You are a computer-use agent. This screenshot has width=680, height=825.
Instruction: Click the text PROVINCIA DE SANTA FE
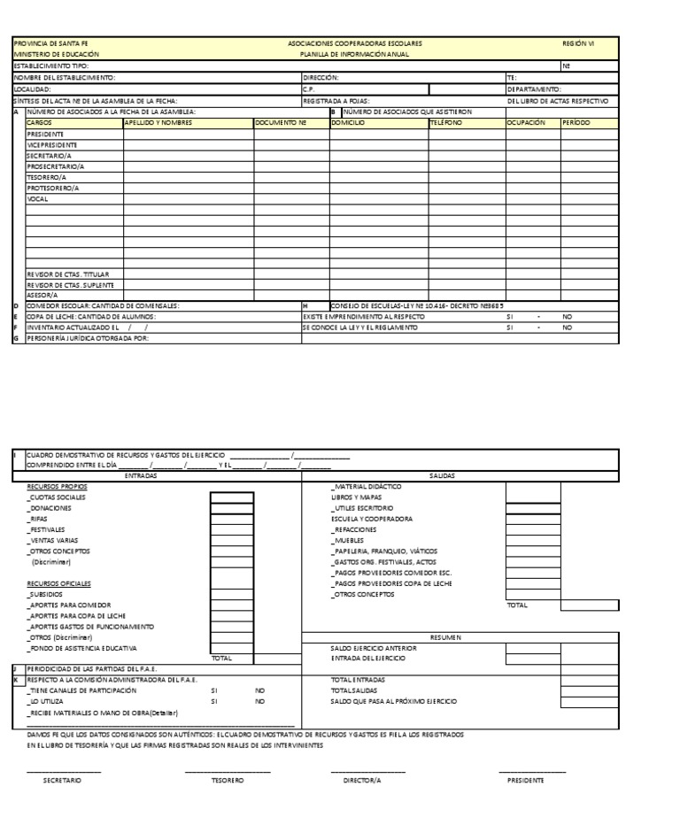pos(50,43)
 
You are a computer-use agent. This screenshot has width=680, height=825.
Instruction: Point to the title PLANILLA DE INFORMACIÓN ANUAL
pos(354,54)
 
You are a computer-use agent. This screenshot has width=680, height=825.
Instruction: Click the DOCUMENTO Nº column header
pos(280,122)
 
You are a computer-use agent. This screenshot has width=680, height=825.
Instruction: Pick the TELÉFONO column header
pos(446,122)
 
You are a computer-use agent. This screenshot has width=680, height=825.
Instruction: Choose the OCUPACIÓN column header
pos(526,122)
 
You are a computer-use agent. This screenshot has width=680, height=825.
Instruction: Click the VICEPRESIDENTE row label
pos(52,144)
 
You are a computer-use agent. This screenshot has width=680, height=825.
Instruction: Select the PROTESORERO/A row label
pos(53,188)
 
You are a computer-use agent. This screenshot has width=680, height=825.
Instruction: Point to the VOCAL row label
pos(37,199)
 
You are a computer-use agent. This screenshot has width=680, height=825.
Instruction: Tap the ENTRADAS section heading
pos(142,475)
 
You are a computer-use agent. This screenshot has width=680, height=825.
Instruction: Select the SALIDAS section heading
pos(442,475)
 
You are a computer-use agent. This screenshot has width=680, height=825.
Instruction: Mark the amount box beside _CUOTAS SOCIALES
pos(232,497)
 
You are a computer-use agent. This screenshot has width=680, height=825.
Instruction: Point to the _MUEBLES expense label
pos(345,540)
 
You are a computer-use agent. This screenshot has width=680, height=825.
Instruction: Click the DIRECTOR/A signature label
pos(362,781)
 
